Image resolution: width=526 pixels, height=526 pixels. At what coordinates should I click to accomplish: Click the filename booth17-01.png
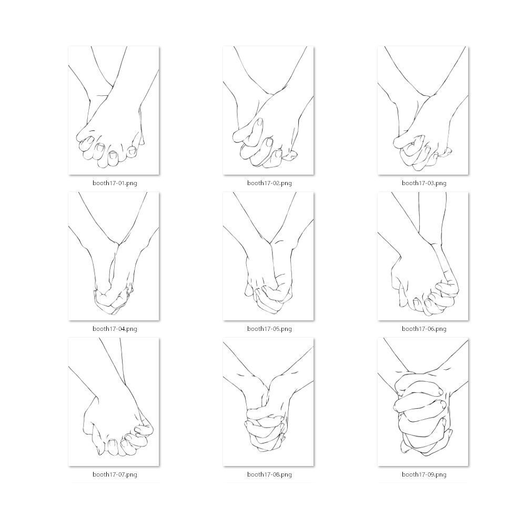click(x=115, y=183)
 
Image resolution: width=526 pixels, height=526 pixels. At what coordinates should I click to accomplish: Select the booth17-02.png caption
click(x=269, y=183)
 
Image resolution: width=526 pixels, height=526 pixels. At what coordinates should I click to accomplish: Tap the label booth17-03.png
click(x=424, y=183)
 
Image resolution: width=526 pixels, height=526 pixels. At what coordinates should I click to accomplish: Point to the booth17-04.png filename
click(x=115, y=329)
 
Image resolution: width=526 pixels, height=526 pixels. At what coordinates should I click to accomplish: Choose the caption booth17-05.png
click(x=269, y=329)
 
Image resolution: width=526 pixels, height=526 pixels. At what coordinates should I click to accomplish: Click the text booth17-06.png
click(x=424, y=329)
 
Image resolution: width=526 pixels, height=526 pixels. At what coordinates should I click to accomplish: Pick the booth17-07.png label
click(x=115, y=474)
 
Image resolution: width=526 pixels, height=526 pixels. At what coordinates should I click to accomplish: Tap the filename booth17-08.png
click(x=269, y=474)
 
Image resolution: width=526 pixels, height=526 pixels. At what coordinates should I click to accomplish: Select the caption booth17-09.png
click(x=424, y=474)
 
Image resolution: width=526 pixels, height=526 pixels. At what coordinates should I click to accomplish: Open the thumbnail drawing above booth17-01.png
click(x=114, y=110)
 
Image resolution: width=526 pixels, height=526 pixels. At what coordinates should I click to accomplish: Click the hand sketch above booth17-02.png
click(x=268, y=110)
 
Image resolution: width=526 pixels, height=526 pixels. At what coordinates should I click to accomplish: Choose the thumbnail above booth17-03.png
click(x=423, y=110)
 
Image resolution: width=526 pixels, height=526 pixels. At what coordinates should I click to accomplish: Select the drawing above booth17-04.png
click(x=114, y=256)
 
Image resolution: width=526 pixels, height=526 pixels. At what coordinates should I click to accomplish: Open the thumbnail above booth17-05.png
click(x=268, y=256)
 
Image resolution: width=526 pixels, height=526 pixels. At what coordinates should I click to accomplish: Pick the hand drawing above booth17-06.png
click(x=423, y=256)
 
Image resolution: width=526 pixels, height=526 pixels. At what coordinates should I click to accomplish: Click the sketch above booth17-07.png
click(x=114, y=401)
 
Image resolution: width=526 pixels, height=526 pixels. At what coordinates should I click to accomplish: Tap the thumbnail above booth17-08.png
click(x=268, y=401)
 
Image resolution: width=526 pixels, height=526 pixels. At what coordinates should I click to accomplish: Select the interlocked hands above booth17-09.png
click(x=423, y=401)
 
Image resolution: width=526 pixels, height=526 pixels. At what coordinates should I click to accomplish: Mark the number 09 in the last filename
click(x=431, y=474)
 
